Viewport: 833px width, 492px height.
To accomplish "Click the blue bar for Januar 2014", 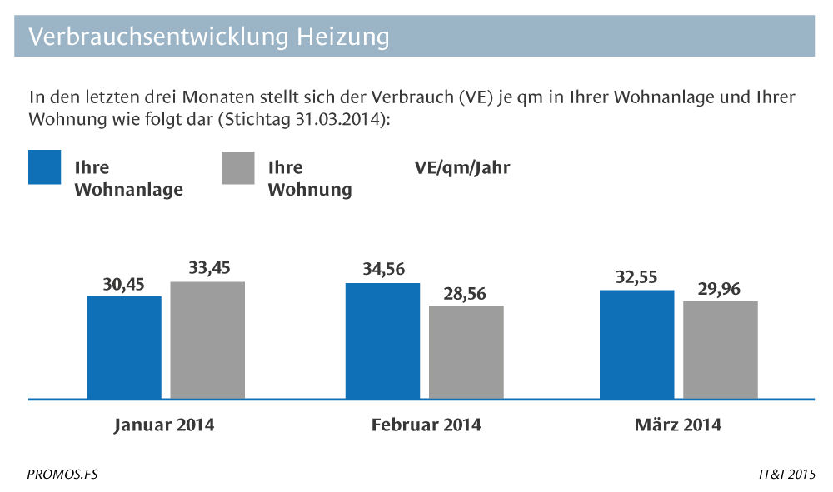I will click(x=124, y=347).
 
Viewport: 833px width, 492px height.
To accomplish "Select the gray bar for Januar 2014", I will click(x=207, y=340).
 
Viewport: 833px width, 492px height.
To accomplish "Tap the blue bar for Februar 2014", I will click(x=382, y=340).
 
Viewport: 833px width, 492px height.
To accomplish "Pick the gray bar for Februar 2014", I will click(x=466, y=352).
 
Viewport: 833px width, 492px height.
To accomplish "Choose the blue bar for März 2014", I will click(x=636, y=345).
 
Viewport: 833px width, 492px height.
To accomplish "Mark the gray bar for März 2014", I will click(x=721, y=350).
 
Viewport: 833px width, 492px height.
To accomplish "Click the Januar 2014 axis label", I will click(x=164, y=425).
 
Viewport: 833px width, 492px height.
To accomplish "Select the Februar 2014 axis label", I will click(x=426, y=425).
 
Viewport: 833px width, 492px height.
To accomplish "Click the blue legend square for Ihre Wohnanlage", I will click(x=45, y=167).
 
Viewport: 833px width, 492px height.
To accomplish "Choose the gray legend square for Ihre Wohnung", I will click(x=237, y=167).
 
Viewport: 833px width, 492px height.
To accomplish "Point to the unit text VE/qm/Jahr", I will click(x=462, y=168).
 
